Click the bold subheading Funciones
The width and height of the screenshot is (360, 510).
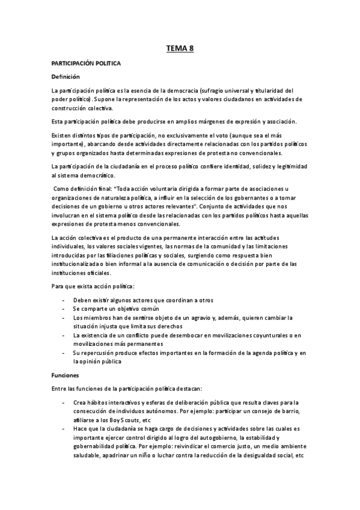(x=64, y=375)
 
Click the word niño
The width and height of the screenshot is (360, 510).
(x=165, y=455)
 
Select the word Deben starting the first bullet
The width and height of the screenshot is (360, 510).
(x=83, y=300)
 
